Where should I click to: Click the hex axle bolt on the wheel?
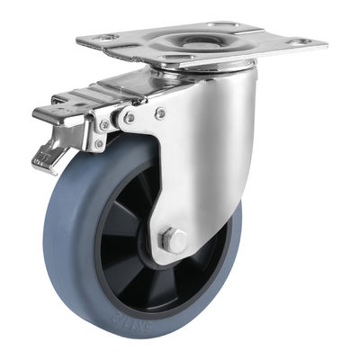[x=175, y=240]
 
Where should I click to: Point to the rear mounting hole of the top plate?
[x=220, y=24]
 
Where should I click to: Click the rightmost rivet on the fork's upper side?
[x=160, y=113]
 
